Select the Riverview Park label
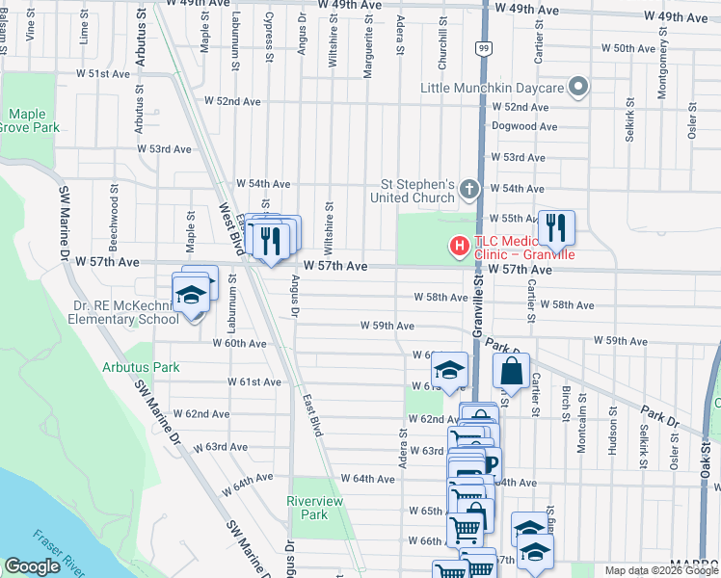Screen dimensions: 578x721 tap(308, 508)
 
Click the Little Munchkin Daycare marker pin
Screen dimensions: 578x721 tap(578, 89)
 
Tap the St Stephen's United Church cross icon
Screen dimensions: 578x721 tap(469, 189)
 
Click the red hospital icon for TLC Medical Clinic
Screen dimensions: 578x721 tap(460, 247)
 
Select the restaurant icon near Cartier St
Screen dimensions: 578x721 tap(556, 227)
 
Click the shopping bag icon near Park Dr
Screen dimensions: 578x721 tap(511, 369)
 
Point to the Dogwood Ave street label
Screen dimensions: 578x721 tap(524, 126)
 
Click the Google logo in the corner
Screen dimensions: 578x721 tap(32, 566)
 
